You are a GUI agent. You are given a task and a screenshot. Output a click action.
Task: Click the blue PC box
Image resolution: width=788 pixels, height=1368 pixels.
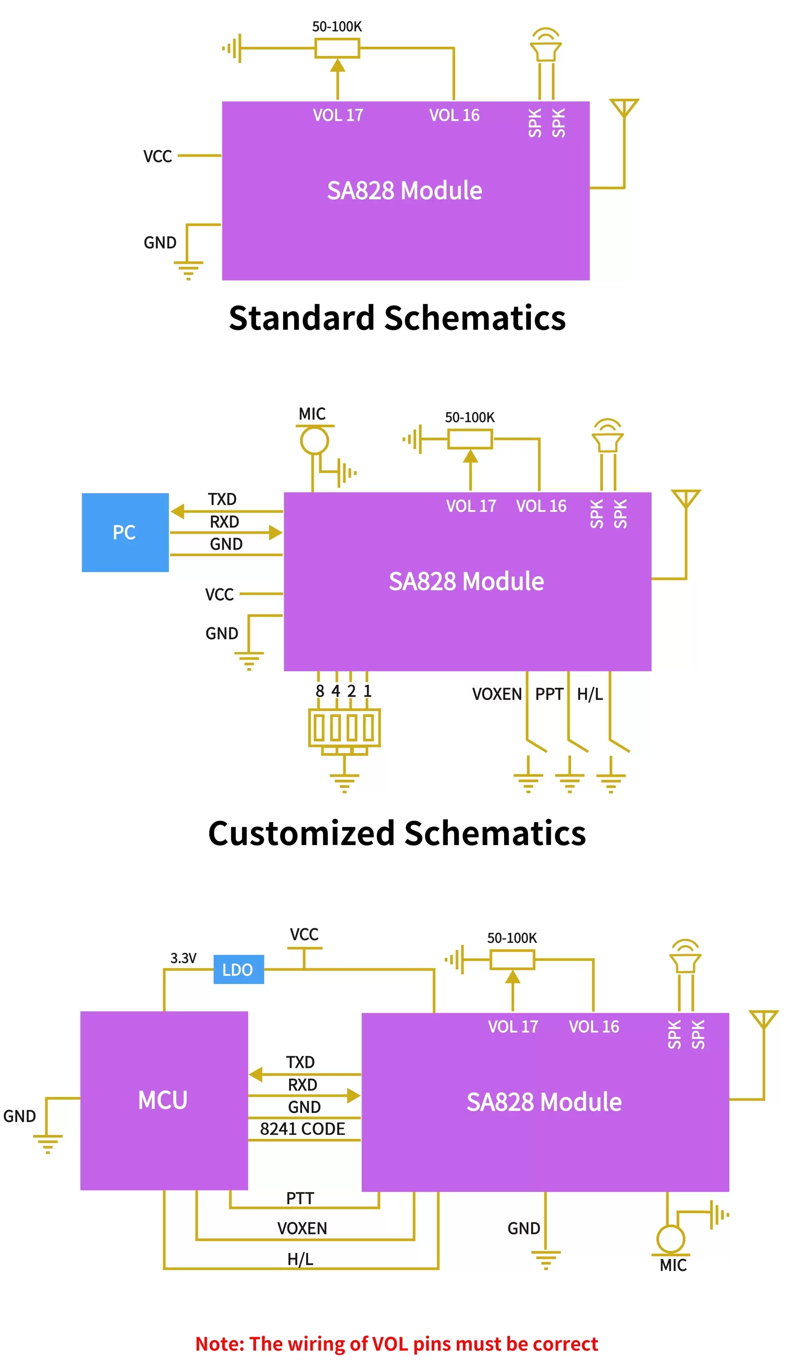click(125, 532)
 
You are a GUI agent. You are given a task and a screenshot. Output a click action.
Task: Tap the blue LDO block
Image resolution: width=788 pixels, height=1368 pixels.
click(238, 969)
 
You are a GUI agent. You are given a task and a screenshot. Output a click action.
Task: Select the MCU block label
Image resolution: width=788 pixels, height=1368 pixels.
click(163, 1100)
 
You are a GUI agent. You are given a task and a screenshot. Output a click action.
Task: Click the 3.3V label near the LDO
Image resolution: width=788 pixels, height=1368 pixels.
click(184, 958)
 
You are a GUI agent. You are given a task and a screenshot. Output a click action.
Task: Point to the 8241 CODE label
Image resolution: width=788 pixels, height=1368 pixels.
click(302, 1129)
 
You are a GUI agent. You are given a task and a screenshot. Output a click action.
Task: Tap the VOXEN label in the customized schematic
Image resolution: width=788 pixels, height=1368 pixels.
click(496, 694)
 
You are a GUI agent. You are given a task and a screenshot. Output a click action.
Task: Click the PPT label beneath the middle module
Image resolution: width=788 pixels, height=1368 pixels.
click(549, 694)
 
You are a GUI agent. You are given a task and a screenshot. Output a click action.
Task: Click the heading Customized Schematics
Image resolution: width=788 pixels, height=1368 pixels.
click(397, 834)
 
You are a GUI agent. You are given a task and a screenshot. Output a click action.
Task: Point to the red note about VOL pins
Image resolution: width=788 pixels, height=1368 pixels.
click(397, 1344)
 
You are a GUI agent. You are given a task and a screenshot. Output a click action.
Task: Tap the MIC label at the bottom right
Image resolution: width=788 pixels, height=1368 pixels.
click(673, 1266)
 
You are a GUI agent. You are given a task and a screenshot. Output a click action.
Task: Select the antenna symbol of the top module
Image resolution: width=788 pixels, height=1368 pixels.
click(624, 107)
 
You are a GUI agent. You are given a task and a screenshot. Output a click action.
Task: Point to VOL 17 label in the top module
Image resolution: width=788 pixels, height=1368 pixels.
click(338, 115)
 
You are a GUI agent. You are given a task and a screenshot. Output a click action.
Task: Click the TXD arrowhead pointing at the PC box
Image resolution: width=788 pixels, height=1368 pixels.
click(177, 511)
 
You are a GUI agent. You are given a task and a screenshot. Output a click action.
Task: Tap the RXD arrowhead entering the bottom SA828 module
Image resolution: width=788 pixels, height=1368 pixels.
click(353, 1096)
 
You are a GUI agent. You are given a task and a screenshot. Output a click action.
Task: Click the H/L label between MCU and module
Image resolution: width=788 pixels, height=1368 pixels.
click(300, 1259)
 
